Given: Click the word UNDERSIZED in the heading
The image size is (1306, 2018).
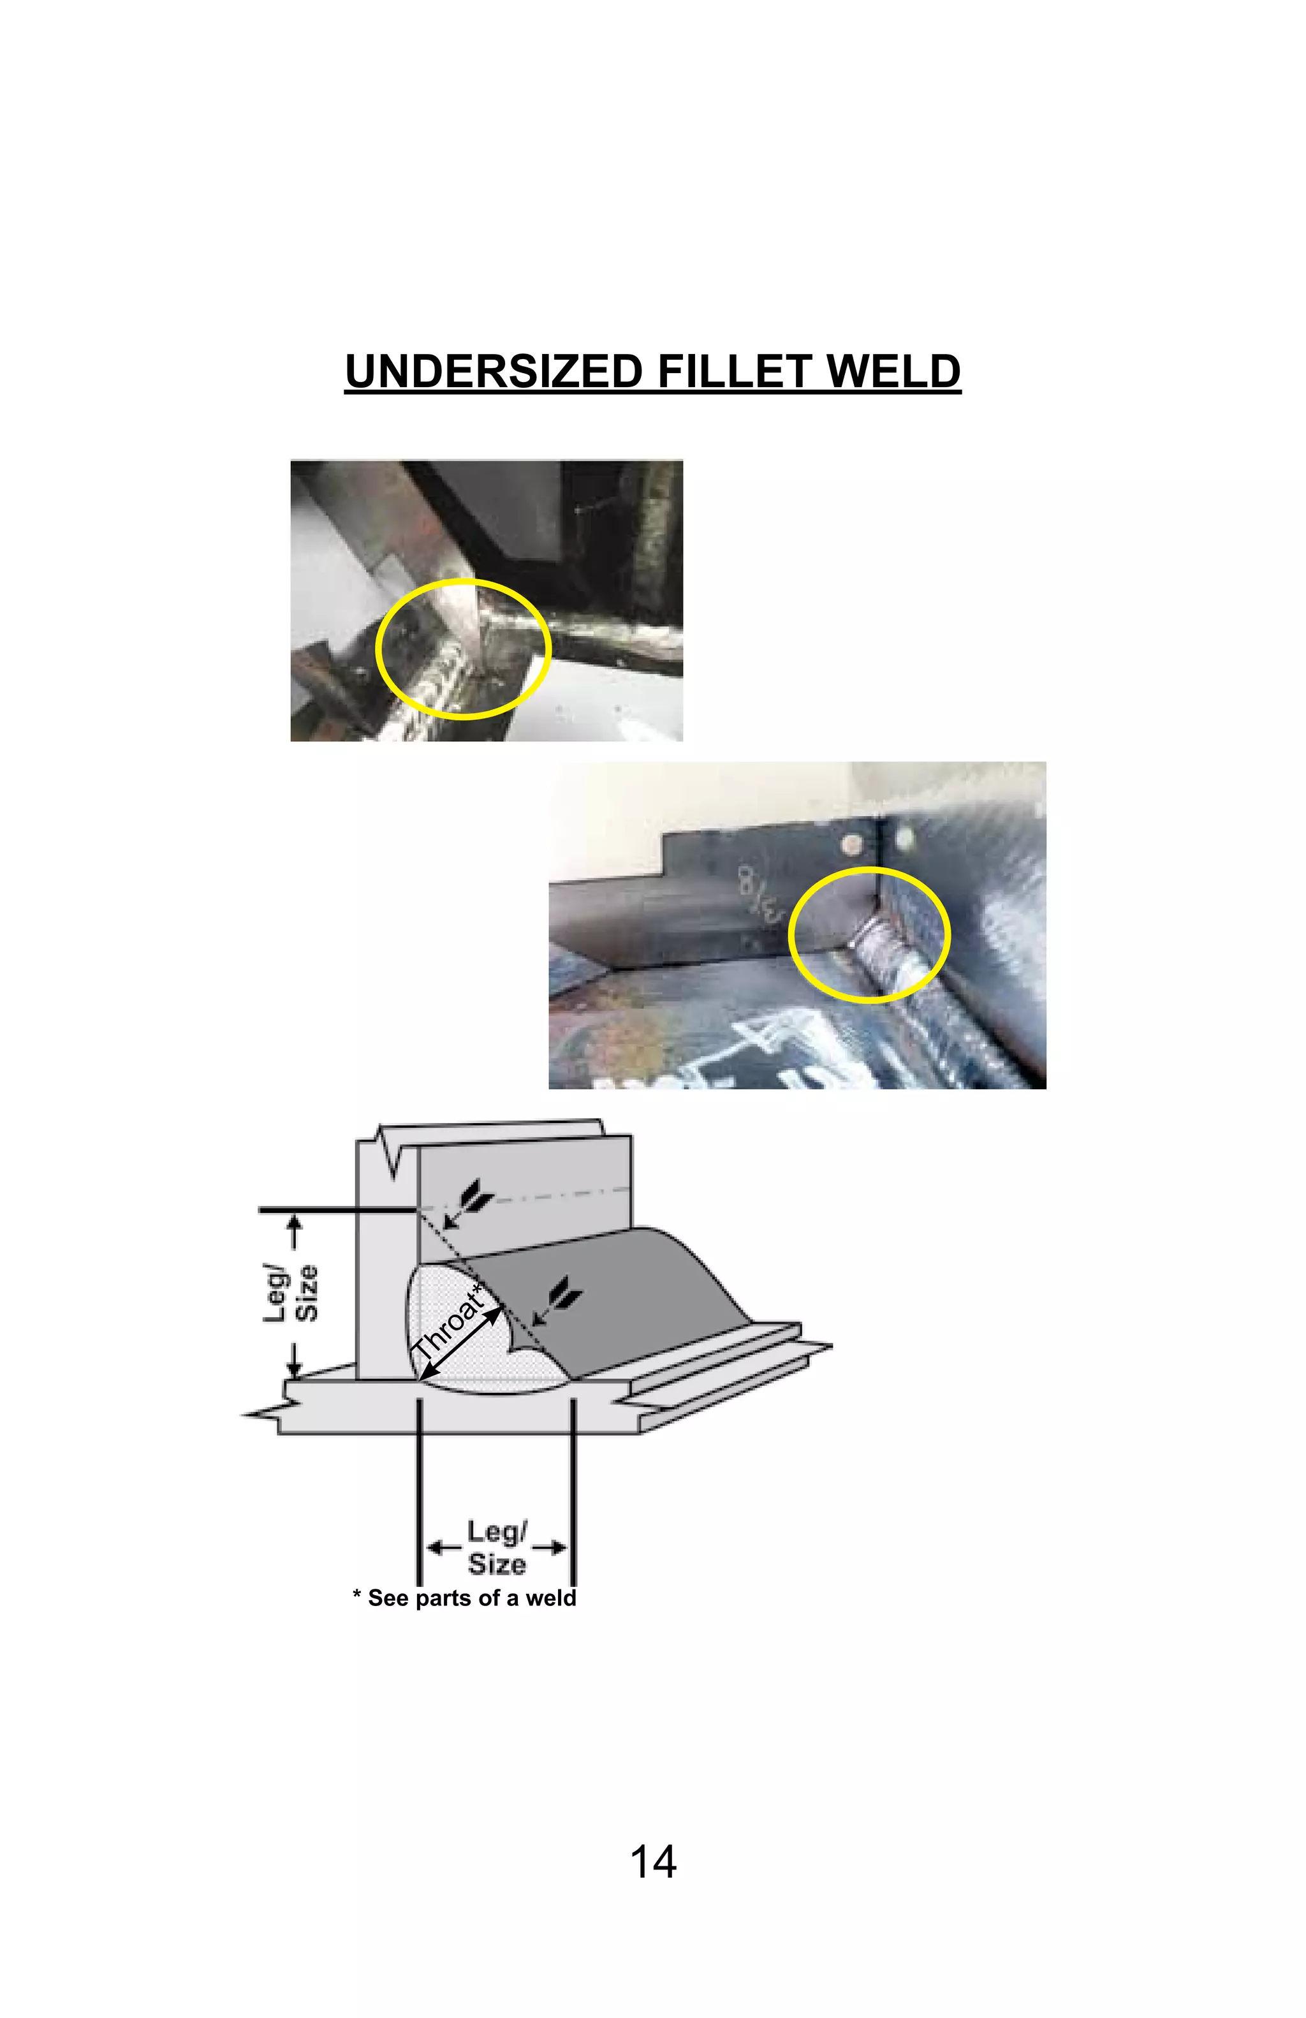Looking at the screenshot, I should pos(493,372).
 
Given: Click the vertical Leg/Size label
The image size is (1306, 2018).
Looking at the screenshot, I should pos(291,1292).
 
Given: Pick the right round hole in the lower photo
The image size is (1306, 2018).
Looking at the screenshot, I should pos(904,839).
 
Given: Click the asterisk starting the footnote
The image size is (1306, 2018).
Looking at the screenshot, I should pos(357,1596).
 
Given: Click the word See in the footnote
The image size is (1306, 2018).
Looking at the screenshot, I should pos(388,1598).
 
